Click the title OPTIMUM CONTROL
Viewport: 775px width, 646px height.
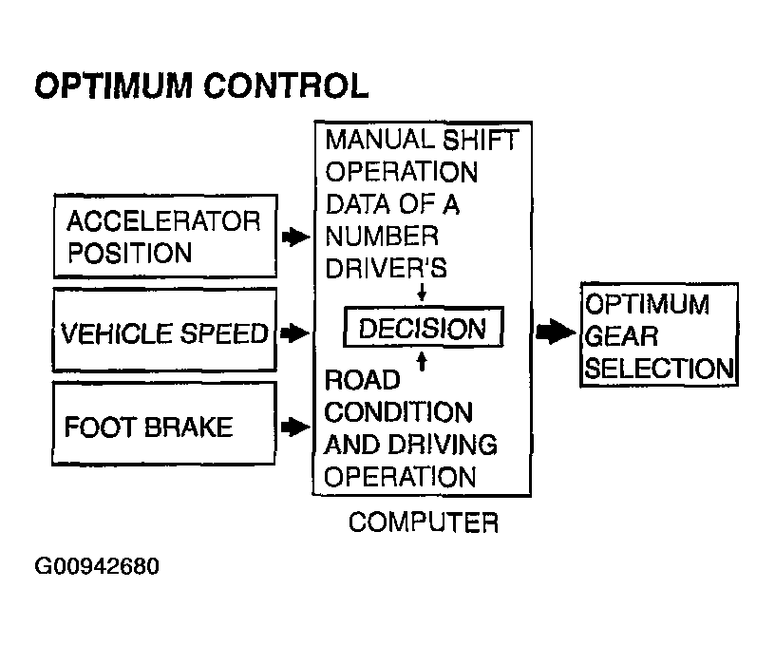click(x=201, y=85)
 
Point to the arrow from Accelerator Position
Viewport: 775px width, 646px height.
click(x=295, y=237)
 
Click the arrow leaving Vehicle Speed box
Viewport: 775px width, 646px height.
click(x=294, y=332)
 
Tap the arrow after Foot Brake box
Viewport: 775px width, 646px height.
click(x=295, y=427)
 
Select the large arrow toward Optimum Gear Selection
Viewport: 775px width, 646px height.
click(x=556, y=332)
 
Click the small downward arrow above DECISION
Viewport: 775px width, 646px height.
click(x=422, y=292)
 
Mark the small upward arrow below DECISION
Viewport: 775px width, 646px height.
click(x=422, y=361)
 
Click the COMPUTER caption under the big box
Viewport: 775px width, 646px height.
click(x=424, y=522)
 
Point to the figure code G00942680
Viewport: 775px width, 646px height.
click(x=97, y=566)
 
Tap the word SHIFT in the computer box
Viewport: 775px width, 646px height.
click(x=480, y=140)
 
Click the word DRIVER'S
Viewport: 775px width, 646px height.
click(x=386, y=269)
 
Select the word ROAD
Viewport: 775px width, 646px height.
click(x=362, y=380)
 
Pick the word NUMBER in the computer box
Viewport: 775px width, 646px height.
click(x=382, y=237)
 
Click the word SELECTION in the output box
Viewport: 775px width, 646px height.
click(x=659, y=369)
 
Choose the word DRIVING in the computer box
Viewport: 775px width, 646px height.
click(x=443, y=445)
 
